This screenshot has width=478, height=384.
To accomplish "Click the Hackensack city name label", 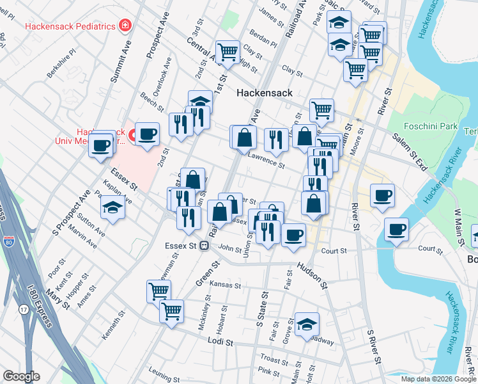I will point(264,93).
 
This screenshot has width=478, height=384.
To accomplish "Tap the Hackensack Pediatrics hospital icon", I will point(125,26).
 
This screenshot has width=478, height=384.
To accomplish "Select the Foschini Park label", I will point(431,127).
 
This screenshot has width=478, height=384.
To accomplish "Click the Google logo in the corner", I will point(21,376).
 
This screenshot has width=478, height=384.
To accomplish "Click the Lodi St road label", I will point(222,342).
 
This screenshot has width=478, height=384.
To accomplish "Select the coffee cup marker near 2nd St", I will point(147,134).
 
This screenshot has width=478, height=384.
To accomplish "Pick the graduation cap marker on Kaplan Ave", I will point(112,207).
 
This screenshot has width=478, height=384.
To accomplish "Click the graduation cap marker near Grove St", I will point(307,324).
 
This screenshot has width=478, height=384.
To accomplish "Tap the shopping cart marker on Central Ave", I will point(227,52).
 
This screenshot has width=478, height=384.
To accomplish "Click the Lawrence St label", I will point(266,161).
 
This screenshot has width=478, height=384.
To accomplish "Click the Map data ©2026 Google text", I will point(438,379).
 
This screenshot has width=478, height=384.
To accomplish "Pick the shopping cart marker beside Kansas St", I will point(158,291).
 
